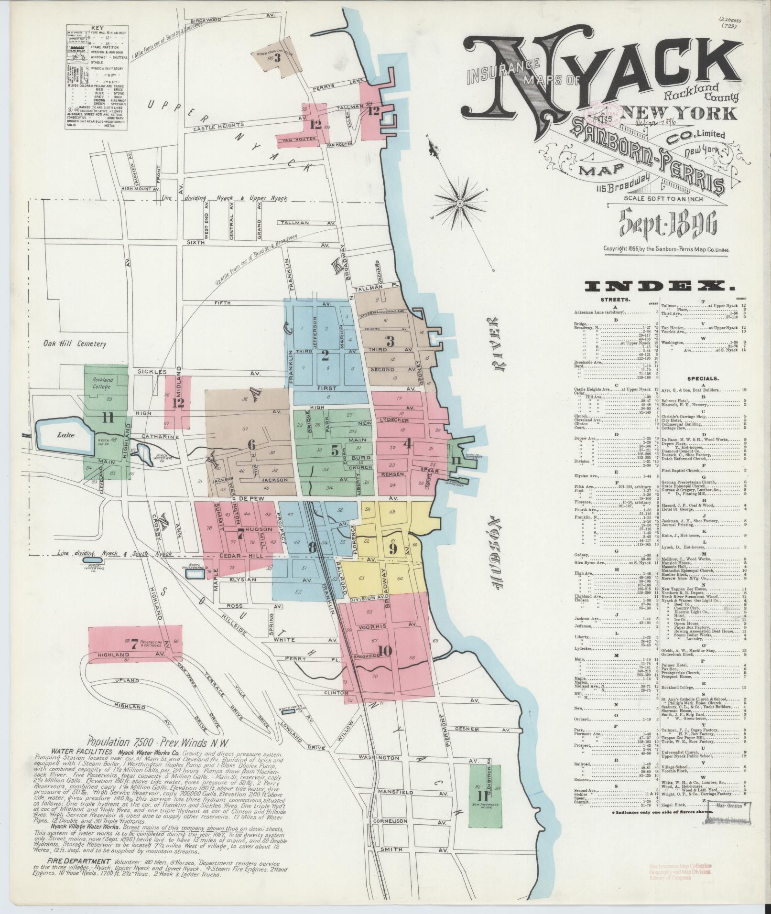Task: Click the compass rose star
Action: [x=459, y=203]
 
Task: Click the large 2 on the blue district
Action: [x=326, y=355]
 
